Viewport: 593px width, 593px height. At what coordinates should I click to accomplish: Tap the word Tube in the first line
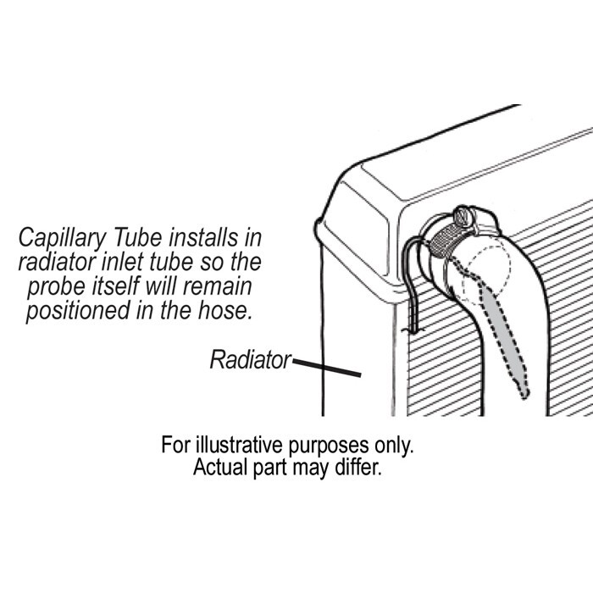[x=138, y=237]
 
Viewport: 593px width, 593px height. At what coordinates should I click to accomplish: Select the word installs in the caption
[x=203, y=237]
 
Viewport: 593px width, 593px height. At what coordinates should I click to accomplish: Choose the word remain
[x=218, y=286]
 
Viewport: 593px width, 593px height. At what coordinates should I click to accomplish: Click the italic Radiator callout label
[x=251, y=359]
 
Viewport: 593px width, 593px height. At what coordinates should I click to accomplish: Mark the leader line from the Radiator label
[x=327, y=368]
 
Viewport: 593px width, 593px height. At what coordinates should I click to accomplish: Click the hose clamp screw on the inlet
[x=464, y=217]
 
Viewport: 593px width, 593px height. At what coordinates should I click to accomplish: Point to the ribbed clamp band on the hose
[x=446, y=238]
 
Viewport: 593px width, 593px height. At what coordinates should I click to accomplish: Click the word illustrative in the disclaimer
[x=239, y=445]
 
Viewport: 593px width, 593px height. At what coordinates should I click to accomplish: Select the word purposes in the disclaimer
[x=329, y=446]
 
